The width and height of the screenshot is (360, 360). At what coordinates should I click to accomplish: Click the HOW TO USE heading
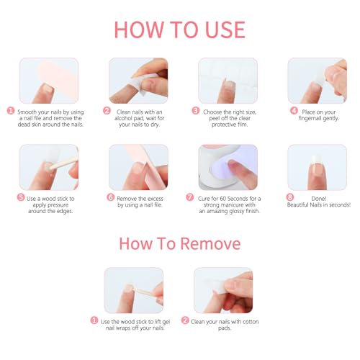[x=179, y=29]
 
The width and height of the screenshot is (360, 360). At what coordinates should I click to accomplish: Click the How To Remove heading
[x=179, y=243]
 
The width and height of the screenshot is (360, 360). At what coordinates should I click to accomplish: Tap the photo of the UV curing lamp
[x=228, y=166]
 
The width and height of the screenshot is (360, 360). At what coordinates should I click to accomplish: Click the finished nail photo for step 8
[x=317, y=166]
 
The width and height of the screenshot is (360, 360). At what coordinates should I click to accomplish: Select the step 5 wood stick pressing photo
[x=48, y=166]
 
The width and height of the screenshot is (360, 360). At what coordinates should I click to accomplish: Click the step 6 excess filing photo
[x=138, y=166]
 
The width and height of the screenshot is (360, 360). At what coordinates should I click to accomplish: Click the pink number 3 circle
[x=195, y=111]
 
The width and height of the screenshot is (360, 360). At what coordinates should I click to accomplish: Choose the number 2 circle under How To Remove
[x=185, y=320]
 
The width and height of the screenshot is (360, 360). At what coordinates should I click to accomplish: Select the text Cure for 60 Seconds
[x=230, y=197]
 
